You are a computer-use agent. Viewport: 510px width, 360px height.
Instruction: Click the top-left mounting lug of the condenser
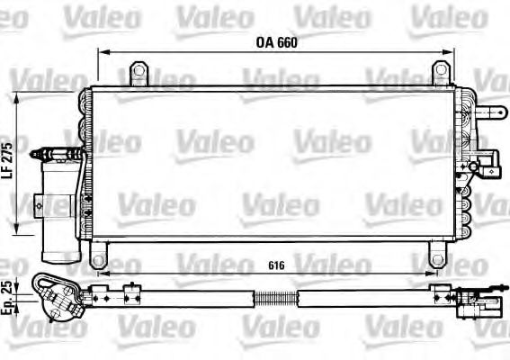point(138,71)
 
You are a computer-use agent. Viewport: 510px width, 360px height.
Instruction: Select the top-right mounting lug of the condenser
point(440,71)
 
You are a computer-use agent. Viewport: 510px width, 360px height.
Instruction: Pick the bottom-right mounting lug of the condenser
point(440,255)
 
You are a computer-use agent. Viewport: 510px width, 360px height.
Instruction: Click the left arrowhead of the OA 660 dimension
point(102,53)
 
